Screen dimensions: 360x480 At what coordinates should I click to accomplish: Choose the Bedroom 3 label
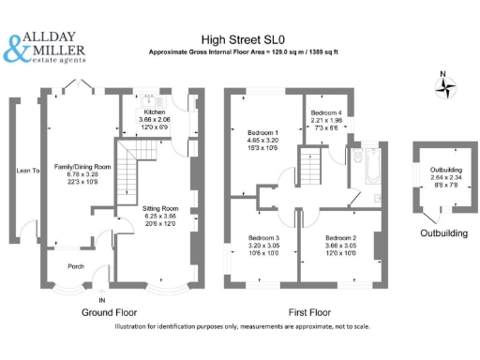pyautogui.click(x=258, y=238)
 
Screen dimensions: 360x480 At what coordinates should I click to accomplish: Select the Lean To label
pyautogui.click(x=28, y=171)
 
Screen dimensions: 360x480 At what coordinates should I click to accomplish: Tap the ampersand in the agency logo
pyautogui.click(x=18, y=50)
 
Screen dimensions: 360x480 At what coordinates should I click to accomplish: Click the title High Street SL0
pyautogui.click(x=243, y=40)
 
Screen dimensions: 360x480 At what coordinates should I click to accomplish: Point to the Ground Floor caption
pyautogui.click(x=111, y=310)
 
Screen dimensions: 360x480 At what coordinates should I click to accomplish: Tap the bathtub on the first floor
pyautogui.click(x=367, y=172)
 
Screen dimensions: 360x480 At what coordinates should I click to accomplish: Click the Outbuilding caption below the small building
pyautogui.click(x=443, y=232)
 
